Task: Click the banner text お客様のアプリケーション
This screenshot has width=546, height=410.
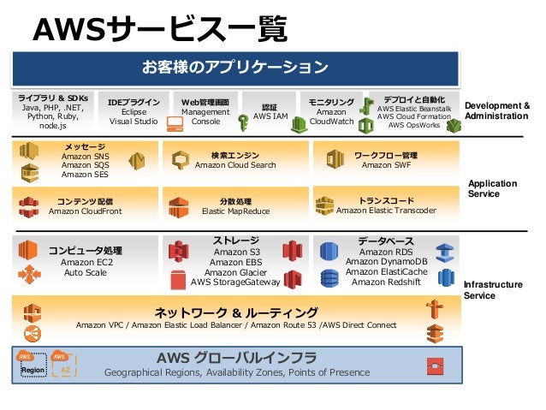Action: tap(235, 67)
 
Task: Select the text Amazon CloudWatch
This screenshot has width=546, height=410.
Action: tap(331, 117)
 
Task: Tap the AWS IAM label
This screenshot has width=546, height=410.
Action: tap(270, 117)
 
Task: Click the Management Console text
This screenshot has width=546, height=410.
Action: tap(205, 117)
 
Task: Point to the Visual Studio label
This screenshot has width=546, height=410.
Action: tap(134, 122)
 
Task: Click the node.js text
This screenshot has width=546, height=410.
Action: tap(53, 126)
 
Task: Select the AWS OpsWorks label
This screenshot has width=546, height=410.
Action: tap(413, 125)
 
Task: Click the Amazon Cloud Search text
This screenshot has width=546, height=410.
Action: tap(235, 165)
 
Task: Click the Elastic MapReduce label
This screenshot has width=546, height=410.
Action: tap(235, 211)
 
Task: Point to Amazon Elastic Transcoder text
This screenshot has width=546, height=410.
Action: tap(386, 210)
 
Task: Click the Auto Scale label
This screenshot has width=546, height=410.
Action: tap(86, 273)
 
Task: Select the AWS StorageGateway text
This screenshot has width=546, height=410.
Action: tap(235, 282)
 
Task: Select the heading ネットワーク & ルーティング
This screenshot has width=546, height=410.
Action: tap(235, 312)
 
